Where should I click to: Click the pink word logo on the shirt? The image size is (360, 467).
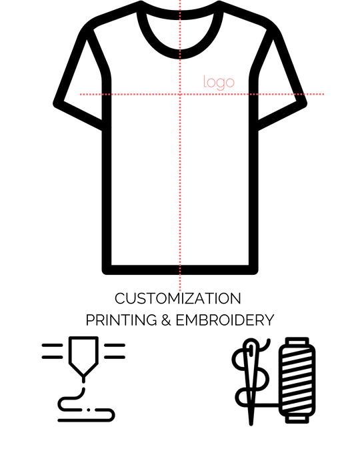point(219,83)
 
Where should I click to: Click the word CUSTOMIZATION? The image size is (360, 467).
point(178,298)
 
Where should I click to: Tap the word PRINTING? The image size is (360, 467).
point(121,320)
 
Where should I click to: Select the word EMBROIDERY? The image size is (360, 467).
point(225,320)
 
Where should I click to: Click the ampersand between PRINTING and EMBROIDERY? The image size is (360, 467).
point(166,320)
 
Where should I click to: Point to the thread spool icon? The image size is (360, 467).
point(297,380)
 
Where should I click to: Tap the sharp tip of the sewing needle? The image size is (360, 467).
point(251,424)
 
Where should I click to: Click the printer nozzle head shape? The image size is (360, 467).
point(83,356)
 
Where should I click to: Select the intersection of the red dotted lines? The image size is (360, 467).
point(180,95)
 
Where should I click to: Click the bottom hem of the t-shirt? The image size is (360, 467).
point(180,270)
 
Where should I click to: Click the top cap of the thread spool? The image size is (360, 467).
point(297,342)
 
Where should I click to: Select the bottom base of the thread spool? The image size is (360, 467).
point(297,419)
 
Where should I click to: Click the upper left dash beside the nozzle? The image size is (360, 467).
point(53,346)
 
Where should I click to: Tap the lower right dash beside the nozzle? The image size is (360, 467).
point(115,357)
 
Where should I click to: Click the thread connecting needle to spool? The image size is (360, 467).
point(266,405)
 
